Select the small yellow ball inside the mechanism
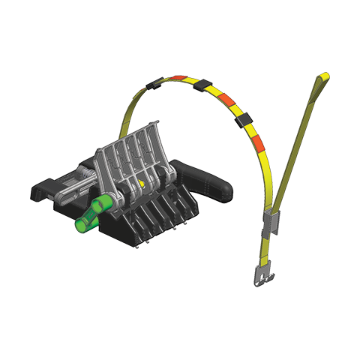(141, 182)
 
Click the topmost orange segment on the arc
(178, 78)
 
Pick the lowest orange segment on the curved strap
(257, 142)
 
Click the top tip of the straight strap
(324, 76)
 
